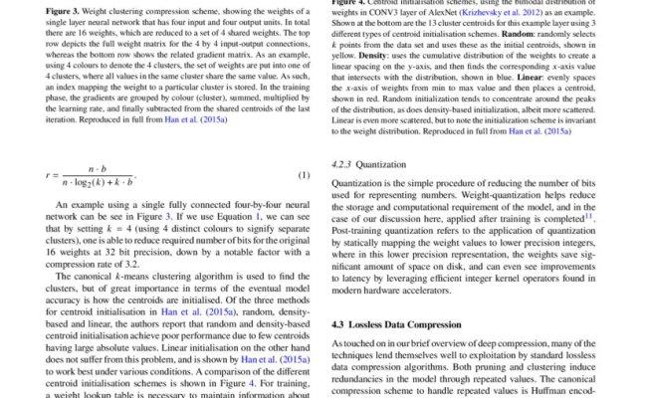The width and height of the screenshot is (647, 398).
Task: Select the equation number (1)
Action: [306, 177]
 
